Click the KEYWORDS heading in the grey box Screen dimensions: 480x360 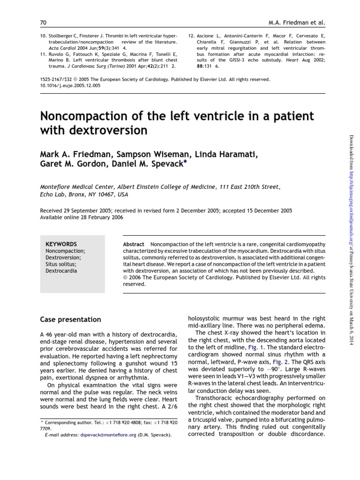point(61,244)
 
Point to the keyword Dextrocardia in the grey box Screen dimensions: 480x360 point(61,270)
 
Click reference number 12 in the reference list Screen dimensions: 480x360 point(191,36)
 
